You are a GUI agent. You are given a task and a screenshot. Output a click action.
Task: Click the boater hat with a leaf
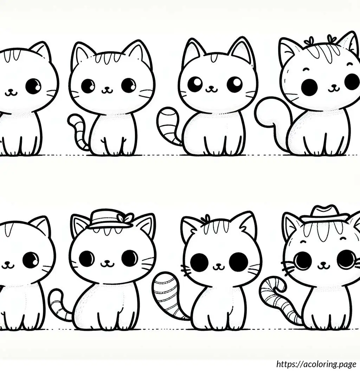[111, 219]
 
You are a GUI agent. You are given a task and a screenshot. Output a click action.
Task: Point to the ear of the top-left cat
[42, 51]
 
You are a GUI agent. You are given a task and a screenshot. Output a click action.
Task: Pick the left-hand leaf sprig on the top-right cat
[308, 42]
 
